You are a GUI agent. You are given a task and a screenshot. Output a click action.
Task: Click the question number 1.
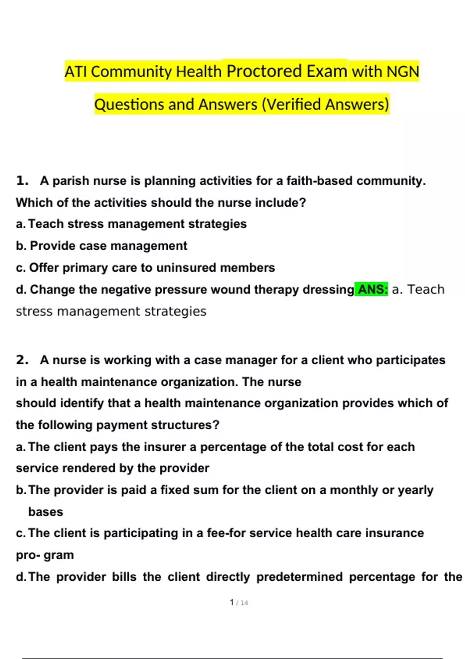click(22, 181)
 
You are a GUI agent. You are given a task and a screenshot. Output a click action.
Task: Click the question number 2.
click(22, 360)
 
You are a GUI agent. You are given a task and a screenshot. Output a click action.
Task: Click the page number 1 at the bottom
click(232, 602)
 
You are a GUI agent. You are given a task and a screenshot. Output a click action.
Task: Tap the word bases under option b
click(45, 512)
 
